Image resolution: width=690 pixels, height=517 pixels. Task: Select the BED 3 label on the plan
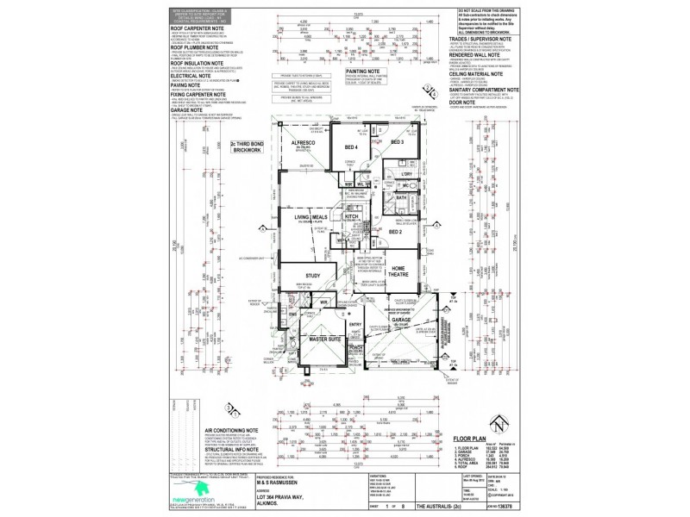[398, 142]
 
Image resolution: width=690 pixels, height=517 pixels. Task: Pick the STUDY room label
[312, 276]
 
